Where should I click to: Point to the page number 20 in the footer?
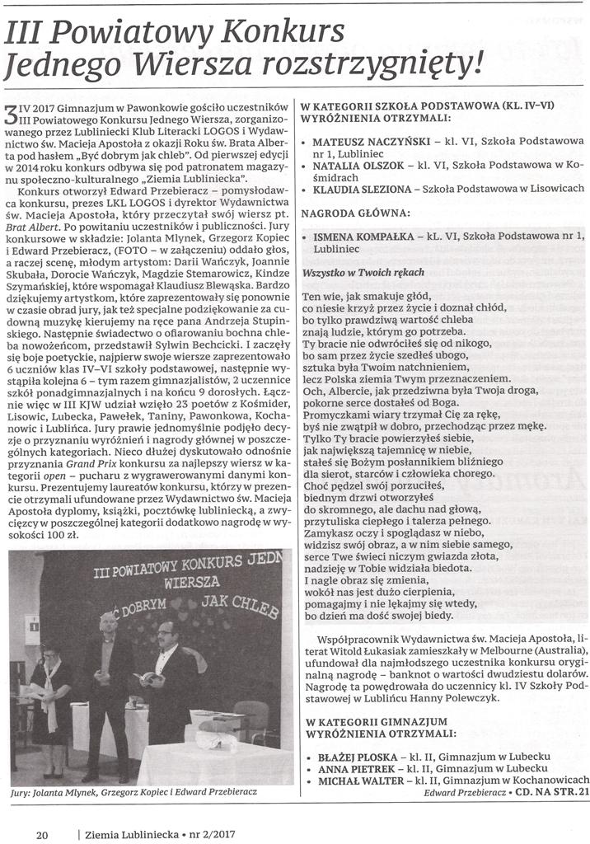[42, 833]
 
